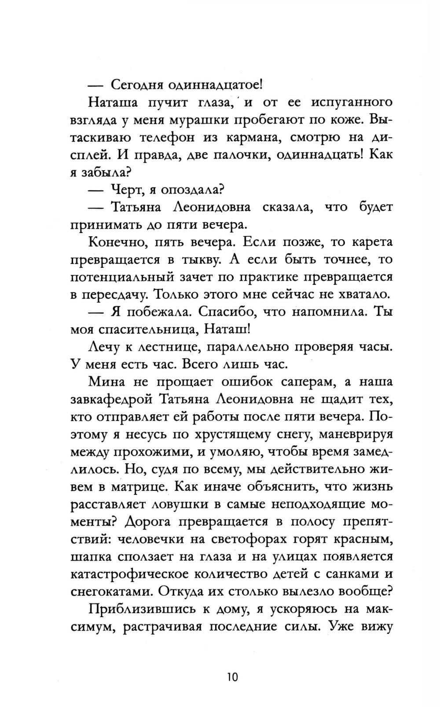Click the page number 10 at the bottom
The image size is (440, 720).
[x=233, y=676]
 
